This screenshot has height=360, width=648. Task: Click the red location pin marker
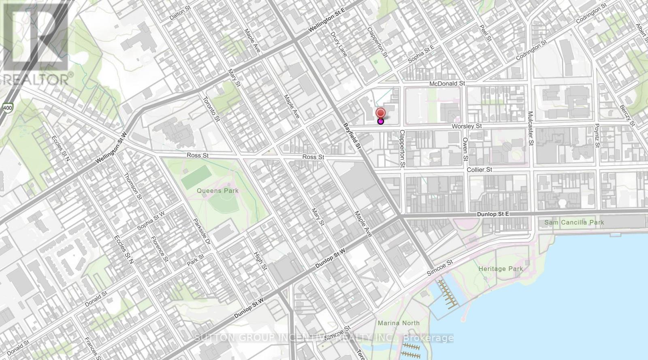(x=381, y=113)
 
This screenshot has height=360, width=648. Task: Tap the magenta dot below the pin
(x=381, y=121)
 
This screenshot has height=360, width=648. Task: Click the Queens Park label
(x=218, y=191)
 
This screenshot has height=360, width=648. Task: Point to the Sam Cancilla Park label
(x=574, y=222)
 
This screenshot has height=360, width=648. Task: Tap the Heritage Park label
(x=500, y=269)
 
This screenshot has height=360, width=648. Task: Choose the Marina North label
(x=399, y=323)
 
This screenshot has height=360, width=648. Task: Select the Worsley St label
(x=467, y=126)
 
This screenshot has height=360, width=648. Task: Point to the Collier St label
(x=480, y=170)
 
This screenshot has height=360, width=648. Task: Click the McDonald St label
(x=447, y=83)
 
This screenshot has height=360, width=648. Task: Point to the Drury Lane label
(x=338, y=44)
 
